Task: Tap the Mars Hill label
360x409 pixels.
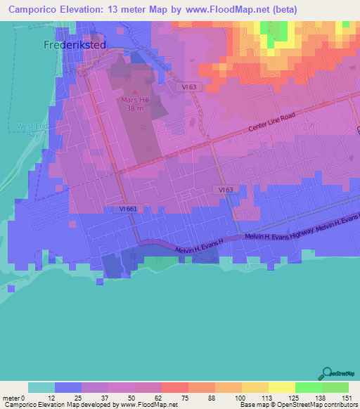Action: pos(135,99)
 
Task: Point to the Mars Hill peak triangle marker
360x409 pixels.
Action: pos(135,91)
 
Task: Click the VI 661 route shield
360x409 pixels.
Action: pos(118,209)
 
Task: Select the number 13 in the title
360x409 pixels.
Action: pos(108,10)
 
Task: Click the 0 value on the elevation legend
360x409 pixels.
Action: pos(28,397)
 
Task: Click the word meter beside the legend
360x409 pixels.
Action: pos(14,397)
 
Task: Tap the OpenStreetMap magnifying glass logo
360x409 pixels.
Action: pos(326,373)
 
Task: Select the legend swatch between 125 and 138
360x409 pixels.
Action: pos(308,387)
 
